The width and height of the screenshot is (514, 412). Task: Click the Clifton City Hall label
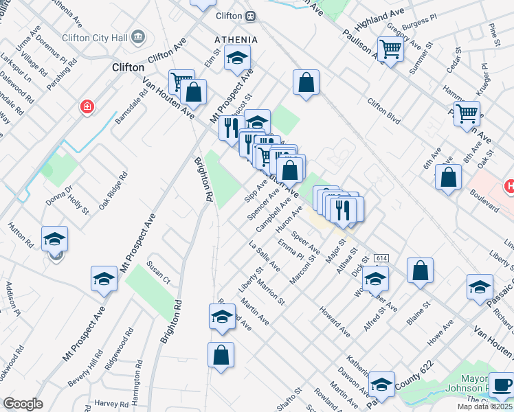[x=96, y=37]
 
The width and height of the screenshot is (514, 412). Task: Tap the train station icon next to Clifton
[x=252, y=15]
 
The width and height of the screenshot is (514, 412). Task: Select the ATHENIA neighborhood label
[x=236, y=40]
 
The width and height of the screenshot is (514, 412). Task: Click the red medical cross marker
[x=87, y=107]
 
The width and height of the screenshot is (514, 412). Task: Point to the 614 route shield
[x=381, y=258]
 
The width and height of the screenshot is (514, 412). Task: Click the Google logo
[x=23, y=404]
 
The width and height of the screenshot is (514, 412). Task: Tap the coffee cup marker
[x=501, y=385]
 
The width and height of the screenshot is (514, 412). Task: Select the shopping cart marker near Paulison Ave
[x=390, y=49]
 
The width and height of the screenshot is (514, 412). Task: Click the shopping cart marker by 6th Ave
[x=467, y=113]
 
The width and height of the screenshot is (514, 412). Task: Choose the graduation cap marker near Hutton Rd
[x=54, y=238]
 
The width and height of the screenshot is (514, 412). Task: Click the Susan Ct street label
[x=158, y=273]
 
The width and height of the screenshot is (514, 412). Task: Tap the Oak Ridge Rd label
[x=113, y=191]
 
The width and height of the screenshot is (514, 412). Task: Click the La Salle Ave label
[x=264, y=256]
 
